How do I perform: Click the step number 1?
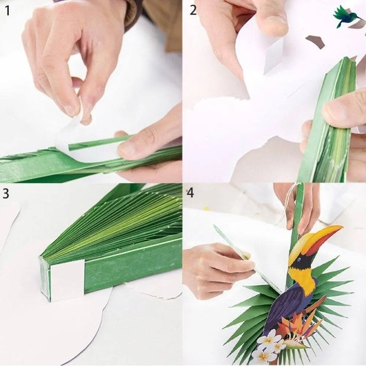(8, 10)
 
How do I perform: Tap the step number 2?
(194, 10)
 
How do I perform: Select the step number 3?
(6, 194)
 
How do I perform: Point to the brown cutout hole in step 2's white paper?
(315, 41)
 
